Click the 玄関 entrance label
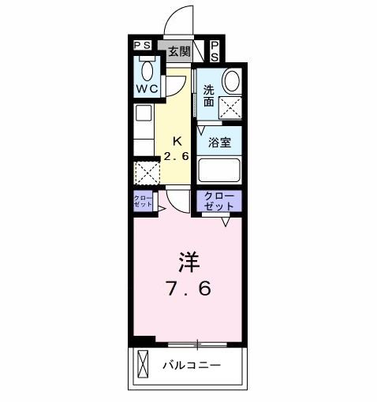click(179, 52)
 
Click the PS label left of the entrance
click(143, 46)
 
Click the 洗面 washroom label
click(208, 95)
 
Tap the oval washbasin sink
click(231, 80)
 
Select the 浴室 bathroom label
click(219, 143)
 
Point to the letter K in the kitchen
click(177, 142)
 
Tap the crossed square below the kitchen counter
click(146, 172)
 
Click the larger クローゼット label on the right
click(218, 200)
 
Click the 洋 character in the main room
click(187, 261)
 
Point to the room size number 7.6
click(187, 288)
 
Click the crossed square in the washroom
click(230, 107)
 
